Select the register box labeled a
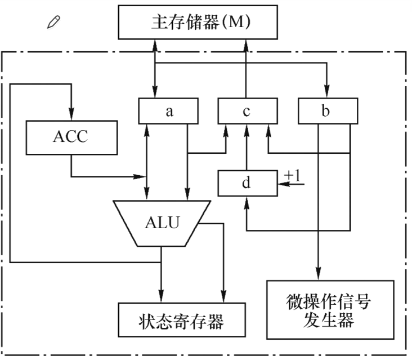(168, 110)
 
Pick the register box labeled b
(325, 110)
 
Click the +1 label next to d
(293, 176)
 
